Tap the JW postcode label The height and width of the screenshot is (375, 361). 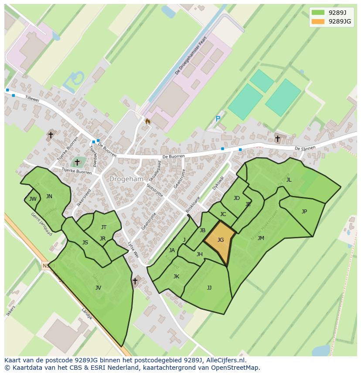click(33, 199)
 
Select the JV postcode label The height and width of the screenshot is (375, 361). click(98, 287)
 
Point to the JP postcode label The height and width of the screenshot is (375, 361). click(304, 212)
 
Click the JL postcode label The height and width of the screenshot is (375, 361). click(289, 179)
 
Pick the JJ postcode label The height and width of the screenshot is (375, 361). click(209, 287)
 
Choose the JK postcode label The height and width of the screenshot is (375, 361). click(176, 276)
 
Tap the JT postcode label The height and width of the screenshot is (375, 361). click(104, 227)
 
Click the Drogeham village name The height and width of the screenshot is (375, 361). click(126, 179)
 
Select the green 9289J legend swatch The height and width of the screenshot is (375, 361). click(318, 12)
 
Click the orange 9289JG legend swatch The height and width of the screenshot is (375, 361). click(318, 21)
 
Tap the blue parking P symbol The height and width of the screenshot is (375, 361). click(218, 119)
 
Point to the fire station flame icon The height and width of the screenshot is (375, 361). click(148, 122)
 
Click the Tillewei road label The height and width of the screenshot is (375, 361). click(32, 99)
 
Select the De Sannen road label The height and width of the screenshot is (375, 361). click(304, 149)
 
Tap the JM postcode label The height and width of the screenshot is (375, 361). click(261, 238)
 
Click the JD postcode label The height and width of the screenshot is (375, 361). click(237, 198)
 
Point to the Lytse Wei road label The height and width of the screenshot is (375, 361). click(133, 250)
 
